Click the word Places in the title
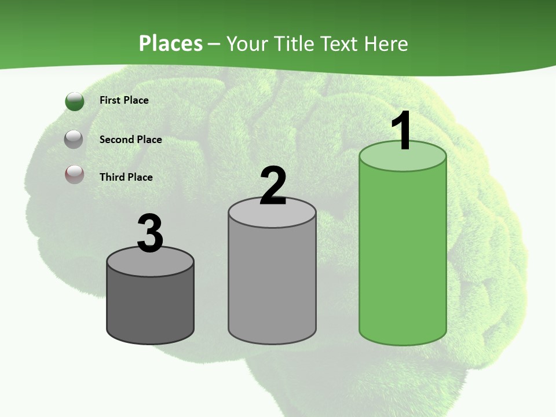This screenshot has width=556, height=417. tap(171, 43)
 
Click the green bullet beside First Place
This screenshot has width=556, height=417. tap(75, 101)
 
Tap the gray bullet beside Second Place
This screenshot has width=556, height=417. tap(74, 139)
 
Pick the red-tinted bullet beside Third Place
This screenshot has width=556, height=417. tap(74, 174)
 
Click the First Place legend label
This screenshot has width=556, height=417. tap(124, 100)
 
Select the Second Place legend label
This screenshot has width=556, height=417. tap(130, 140)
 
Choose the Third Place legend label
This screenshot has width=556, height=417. tap(126, 177)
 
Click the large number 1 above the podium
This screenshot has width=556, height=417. tap(401, 131)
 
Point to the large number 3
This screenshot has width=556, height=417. tap(150, 233)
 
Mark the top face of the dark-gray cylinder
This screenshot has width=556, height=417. tap(150, 264)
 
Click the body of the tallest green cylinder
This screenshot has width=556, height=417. tap(403, 255)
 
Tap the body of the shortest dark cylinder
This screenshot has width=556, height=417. tap(150, 307)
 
